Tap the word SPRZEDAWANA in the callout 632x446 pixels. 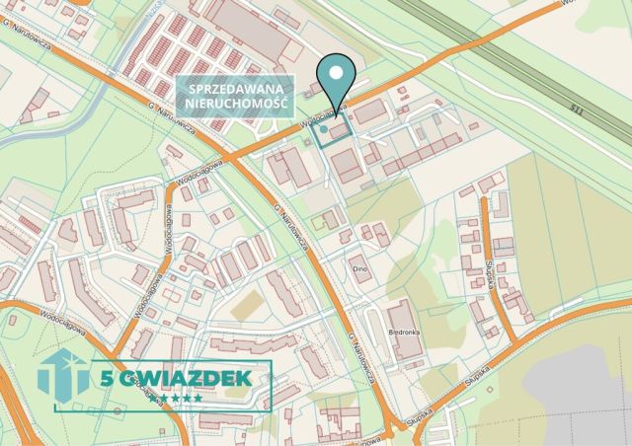(234, 90)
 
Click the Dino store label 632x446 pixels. (360, 267)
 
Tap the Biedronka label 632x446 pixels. (405, 332)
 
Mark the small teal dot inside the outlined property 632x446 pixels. (323, 128)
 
